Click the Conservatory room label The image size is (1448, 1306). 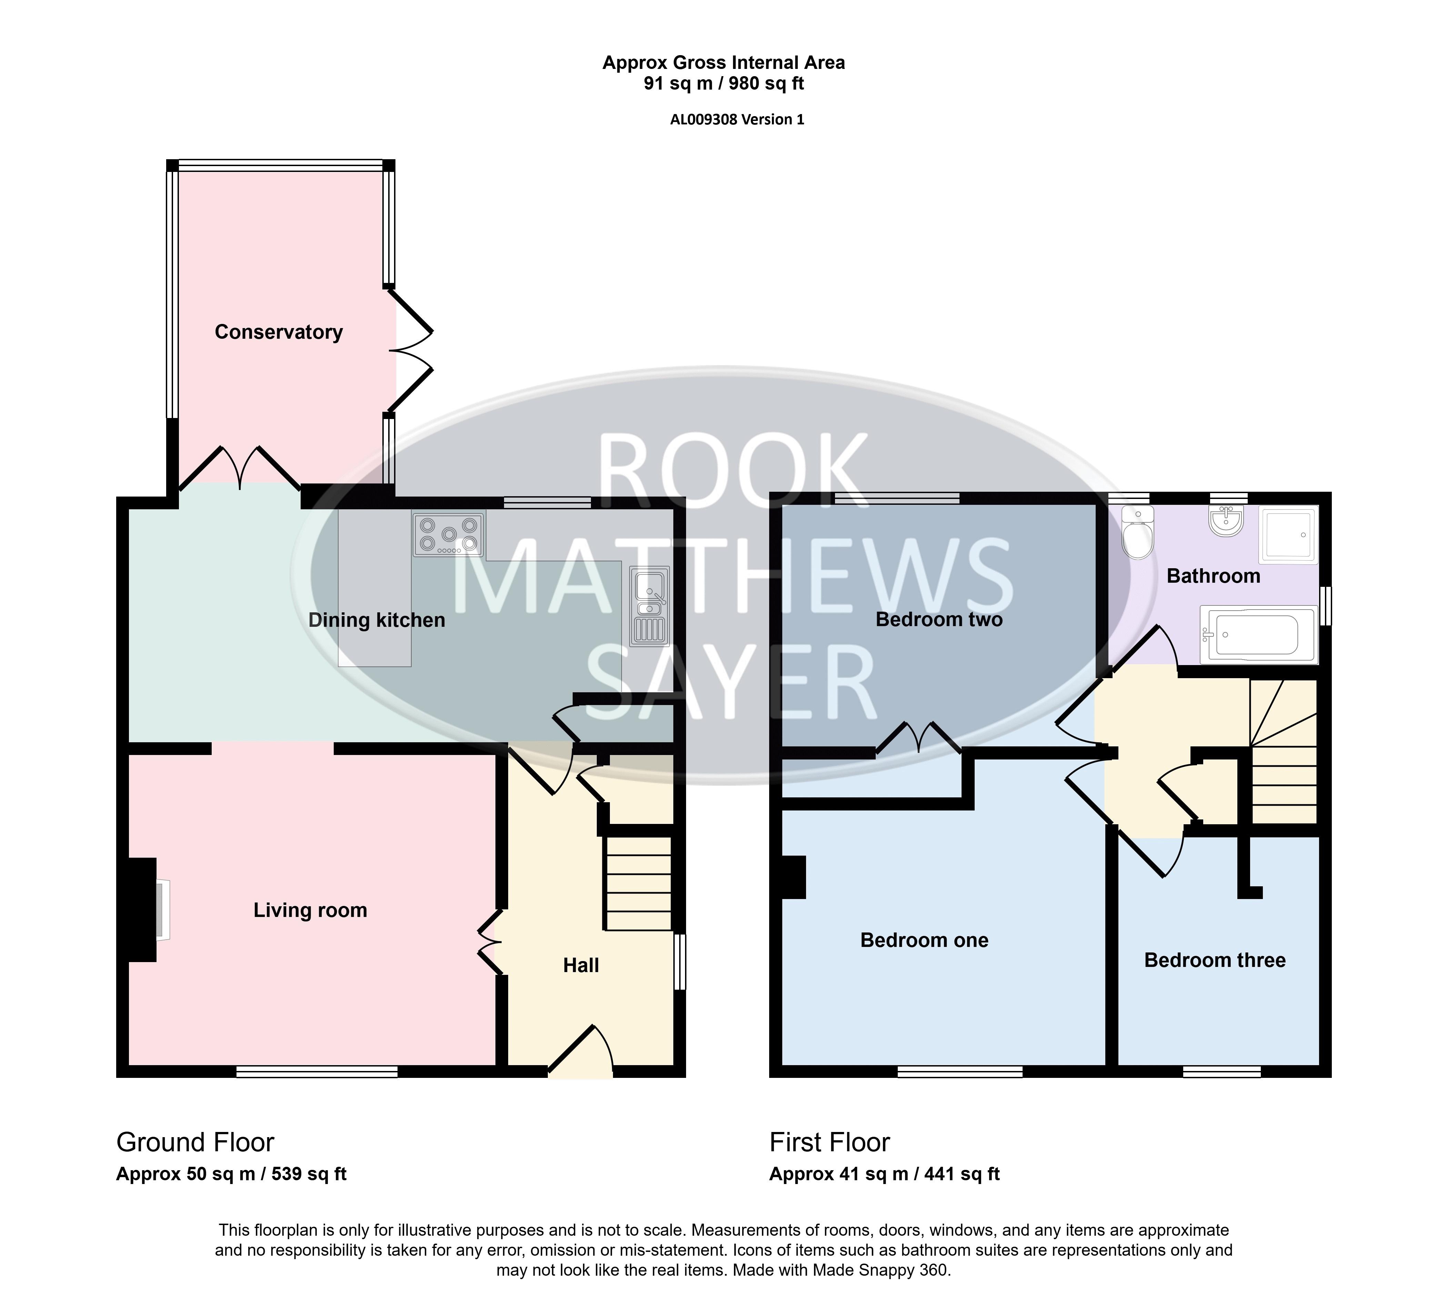[279, 332]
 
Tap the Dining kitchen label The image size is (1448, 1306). [377, 620]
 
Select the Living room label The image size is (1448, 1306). [310, 910]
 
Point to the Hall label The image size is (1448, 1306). [581, 965]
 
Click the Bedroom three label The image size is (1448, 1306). [1215, 960]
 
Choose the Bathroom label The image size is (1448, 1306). [1213, 575]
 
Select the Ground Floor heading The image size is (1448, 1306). [195, 1142]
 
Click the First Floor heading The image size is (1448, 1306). [830, 1142]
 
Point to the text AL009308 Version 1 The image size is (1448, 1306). [737, 120]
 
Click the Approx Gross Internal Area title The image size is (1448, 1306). [724, 63]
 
